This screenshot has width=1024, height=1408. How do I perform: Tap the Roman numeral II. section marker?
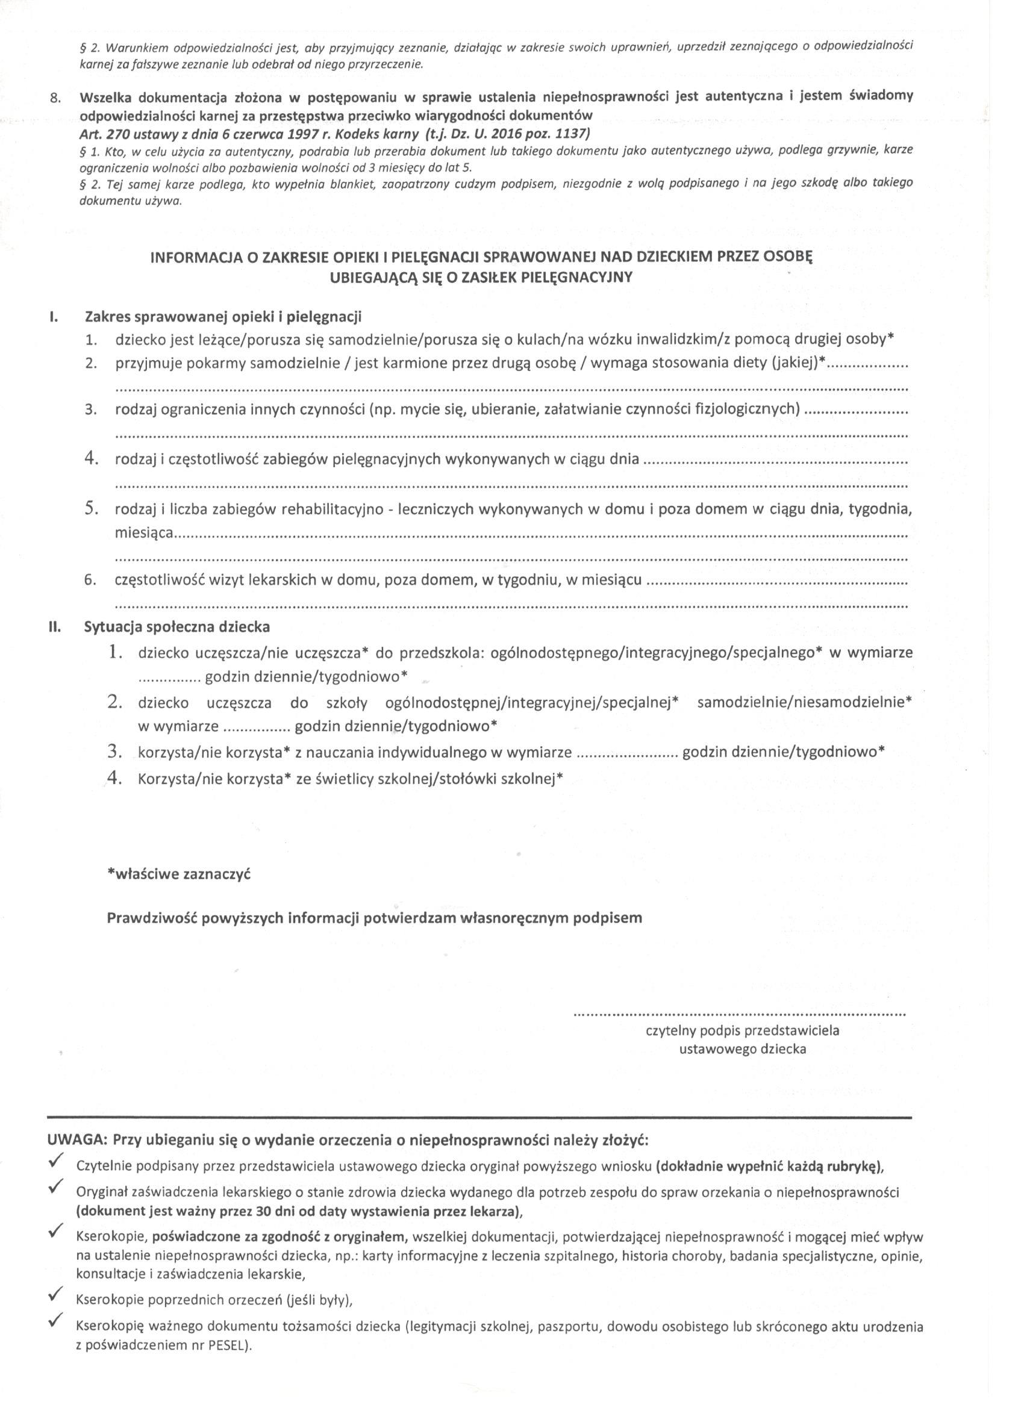pyautogui.click(x=54, y=626)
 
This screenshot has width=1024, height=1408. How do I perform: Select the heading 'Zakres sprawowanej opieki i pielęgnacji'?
pyautogui.click(x=222, y=317)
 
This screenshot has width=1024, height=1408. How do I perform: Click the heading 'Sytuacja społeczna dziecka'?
pyautogui.click(x=177, y=626)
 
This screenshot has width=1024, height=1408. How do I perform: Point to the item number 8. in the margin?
pyautogui.click(x=56, y=98)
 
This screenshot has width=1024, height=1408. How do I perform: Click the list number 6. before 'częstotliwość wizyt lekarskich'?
pyautogui.click(x=90, y=581)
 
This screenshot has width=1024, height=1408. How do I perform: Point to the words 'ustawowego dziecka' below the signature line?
pyautogui.click(x=743, y=1050)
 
